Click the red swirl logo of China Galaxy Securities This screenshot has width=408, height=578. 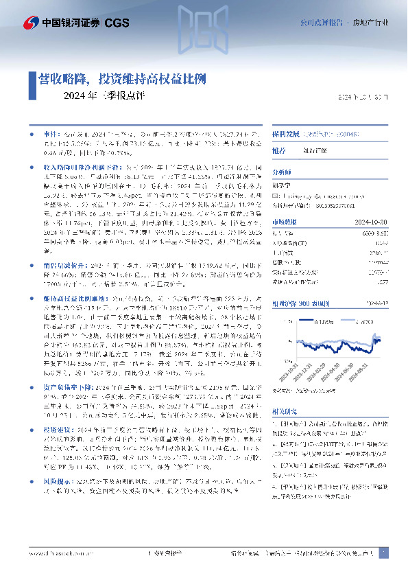(30, 23)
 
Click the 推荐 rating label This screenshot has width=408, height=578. (279, 150)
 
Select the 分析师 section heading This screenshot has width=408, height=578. (282, 174)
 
